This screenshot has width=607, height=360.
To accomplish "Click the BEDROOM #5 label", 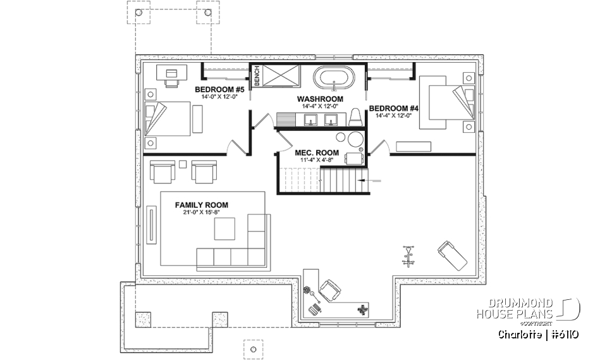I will click(x=216, y=89).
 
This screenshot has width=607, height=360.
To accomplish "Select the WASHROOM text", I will click(x=320, y=99).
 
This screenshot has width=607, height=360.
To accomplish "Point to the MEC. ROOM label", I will click(x=317, y=153).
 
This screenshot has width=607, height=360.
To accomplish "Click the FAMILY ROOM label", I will click(x=202, y=205).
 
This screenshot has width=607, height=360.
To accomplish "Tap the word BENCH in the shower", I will click(x=257, y=77).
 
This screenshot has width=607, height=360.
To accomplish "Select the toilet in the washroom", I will click(x=355, y=117).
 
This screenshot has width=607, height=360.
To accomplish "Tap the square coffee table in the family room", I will click(x=224, y=229).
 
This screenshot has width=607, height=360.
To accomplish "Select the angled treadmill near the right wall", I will click(x=451, y=253).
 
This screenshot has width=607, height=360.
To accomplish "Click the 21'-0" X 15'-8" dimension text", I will click(x=202, y=213).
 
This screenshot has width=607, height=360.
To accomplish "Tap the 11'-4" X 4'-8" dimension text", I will click(x=317, y=161).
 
